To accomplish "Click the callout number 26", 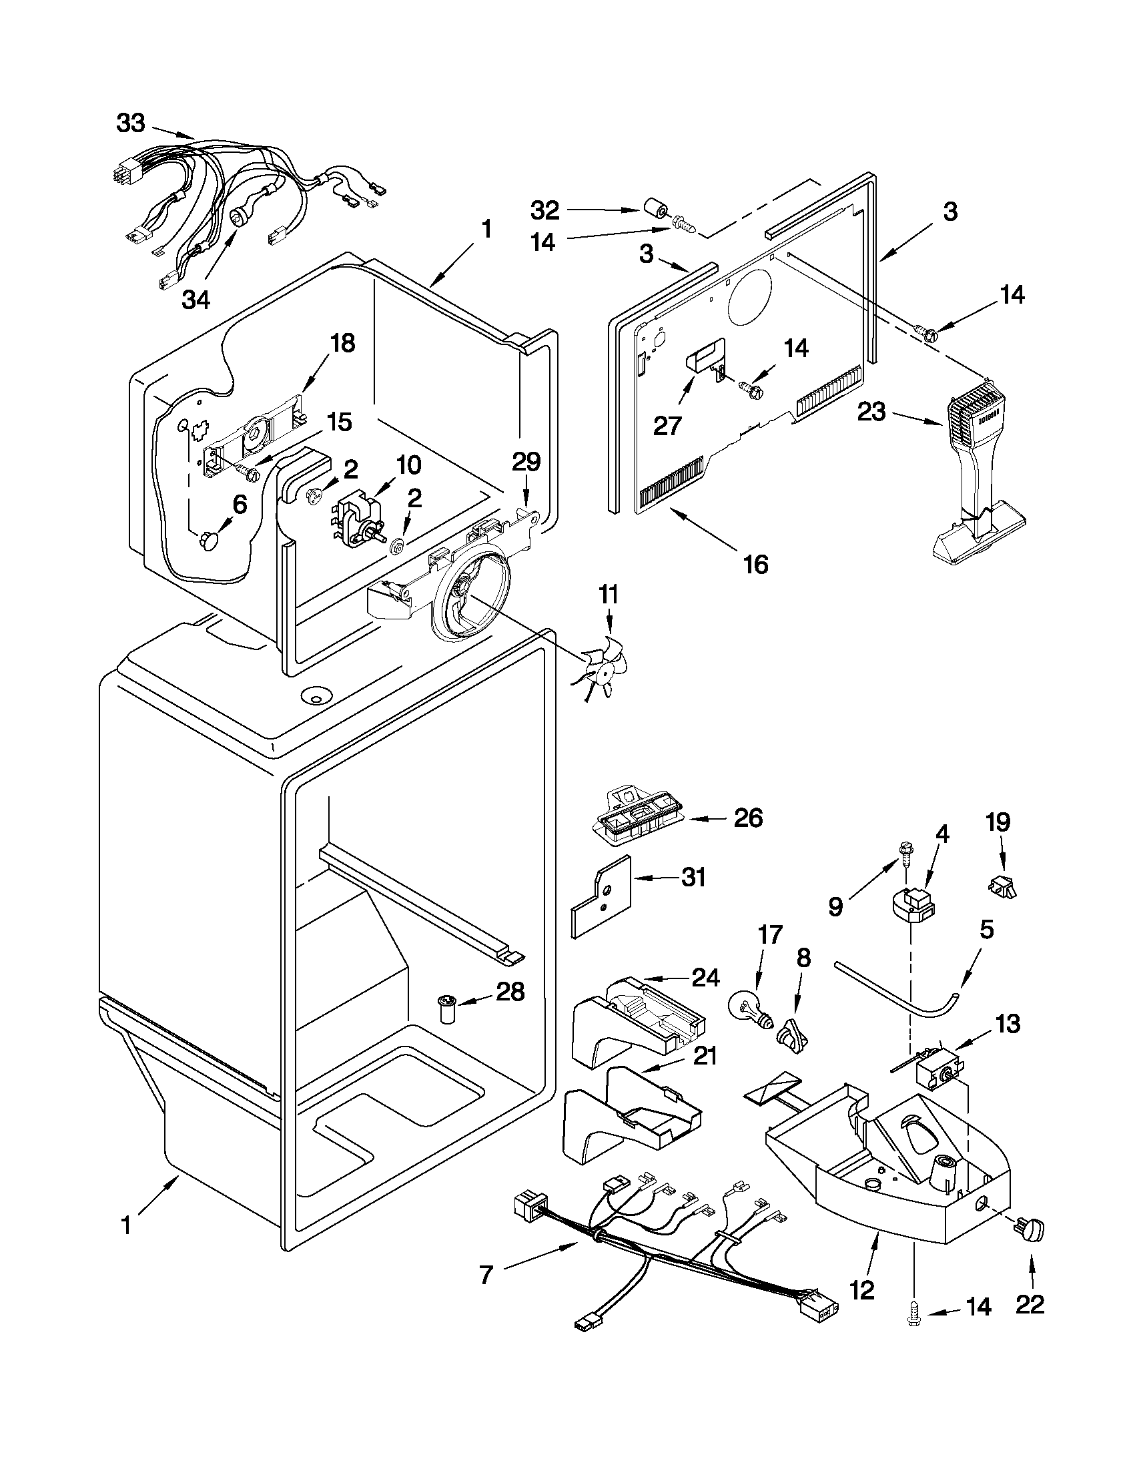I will (749, 818).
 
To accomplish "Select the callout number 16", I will (755, 565).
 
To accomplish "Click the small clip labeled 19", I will (1003, 889).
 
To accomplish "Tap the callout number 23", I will (872, 412).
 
